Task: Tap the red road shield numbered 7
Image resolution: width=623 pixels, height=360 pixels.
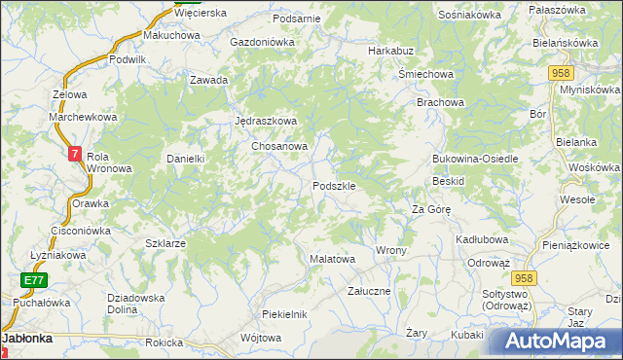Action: (x=76, y=154)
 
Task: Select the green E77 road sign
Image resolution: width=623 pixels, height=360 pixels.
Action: (x=35, y=280)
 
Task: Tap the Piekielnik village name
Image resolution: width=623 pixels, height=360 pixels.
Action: (x=285, y=313)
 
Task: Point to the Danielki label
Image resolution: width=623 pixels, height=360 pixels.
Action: (x=184, y=158)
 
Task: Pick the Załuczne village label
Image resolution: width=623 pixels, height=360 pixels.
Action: (x=369, y=291)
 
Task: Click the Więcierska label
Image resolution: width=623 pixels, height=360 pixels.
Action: (x=201, y=13)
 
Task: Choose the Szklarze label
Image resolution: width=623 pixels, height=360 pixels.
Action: (x=165, y=243)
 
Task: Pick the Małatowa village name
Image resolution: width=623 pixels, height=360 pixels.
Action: (x=332, y=260)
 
